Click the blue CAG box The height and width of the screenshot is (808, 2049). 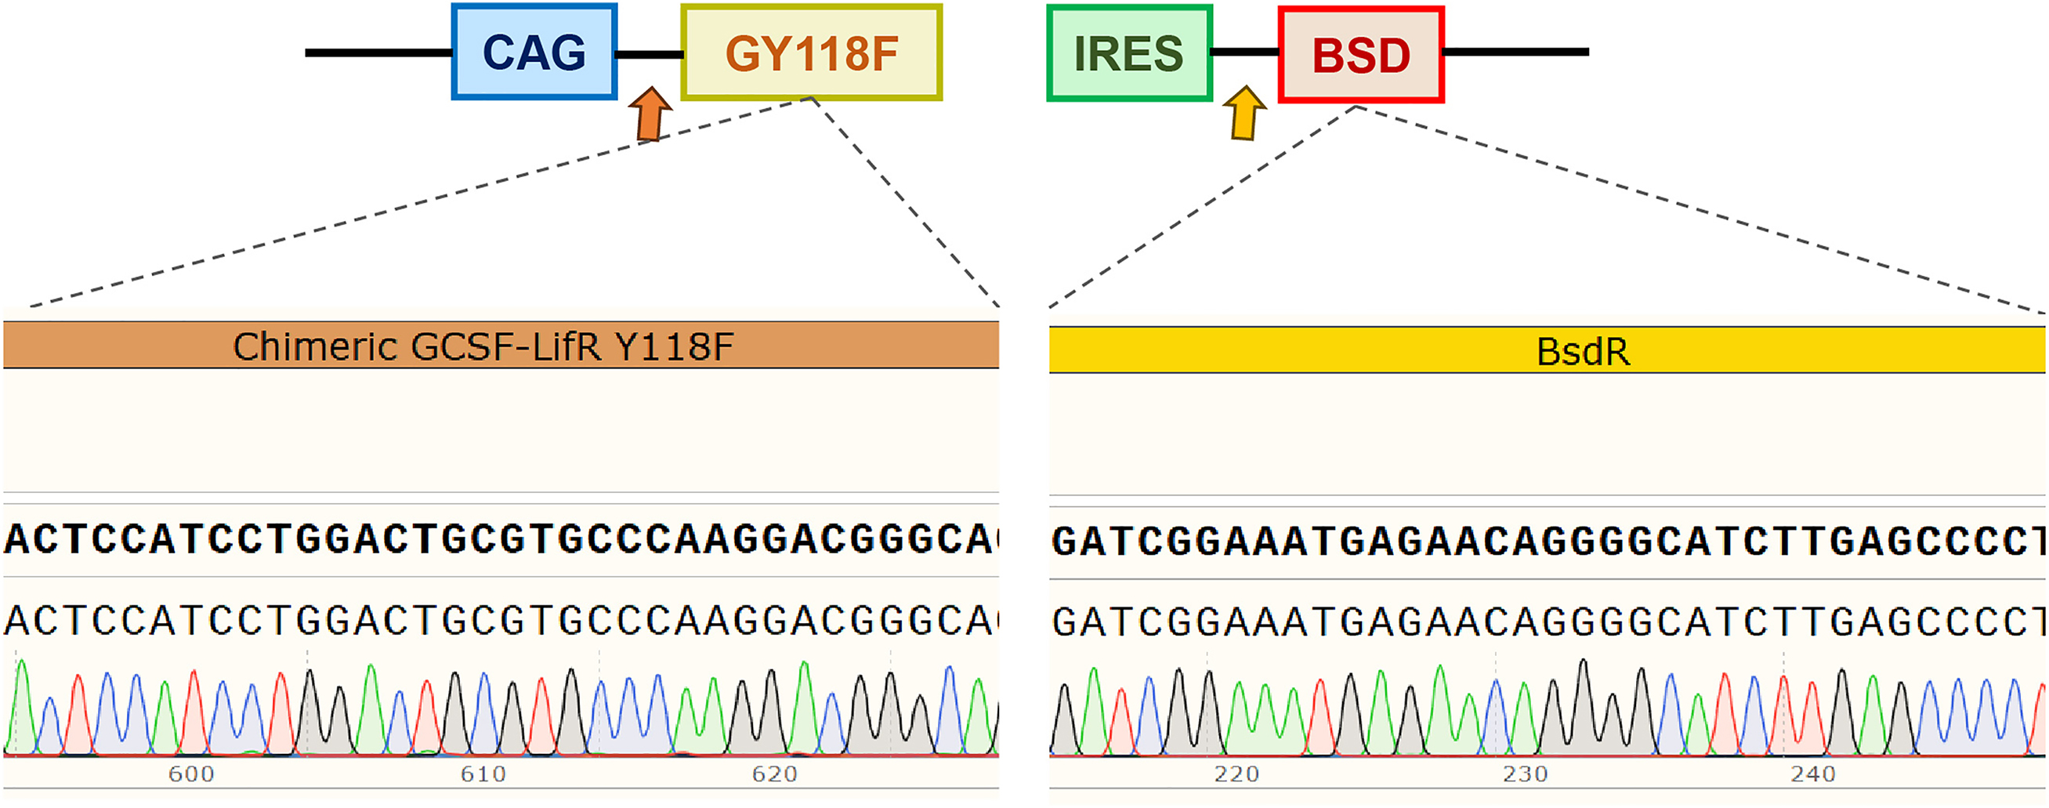coord(534,53)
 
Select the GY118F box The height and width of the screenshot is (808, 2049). coord(811,53)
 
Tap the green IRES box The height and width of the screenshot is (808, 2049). coord(1128,53)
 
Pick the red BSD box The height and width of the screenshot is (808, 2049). coord(1361,55)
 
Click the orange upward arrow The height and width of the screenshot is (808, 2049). coord(650,114)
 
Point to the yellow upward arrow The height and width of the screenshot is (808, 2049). coord(1244,113)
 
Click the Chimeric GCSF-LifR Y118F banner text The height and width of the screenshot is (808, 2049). coord(483,346)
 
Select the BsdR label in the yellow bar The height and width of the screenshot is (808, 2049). coord(1583,352)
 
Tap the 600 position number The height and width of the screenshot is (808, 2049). coord(191,774)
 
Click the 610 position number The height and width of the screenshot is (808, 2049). coord(483,774)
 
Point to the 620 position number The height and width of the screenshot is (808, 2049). coord(775,774)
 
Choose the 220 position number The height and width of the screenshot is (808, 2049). coord(1237,774)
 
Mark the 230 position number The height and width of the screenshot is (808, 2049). coord(1526,774)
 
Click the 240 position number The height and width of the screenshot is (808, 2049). coord(1814,774)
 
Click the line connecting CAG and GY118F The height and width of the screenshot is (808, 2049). coord(649,54)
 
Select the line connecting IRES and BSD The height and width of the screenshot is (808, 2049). coord(1245,53)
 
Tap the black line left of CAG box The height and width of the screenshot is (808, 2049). coord(378,53)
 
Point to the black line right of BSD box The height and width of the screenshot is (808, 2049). coord(1516,52)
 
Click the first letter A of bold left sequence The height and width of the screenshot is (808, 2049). coord(16,540)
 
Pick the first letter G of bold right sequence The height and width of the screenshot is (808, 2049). coord(1063,542)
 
